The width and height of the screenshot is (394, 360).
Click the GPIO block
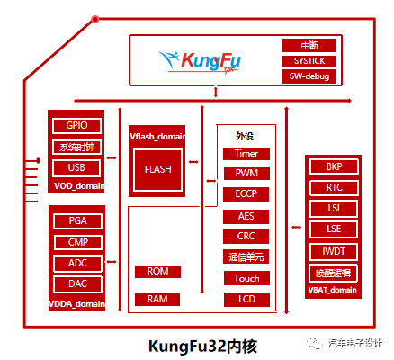click(76, 125)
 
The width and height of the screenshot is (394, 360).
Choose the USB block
click(76, 167)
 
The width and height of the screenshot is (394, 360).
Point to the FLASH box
click(157, 168)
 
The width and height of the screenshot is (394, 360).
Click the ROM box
click(157, 271)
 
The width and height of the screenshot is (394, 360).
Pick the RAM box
click(157, 299)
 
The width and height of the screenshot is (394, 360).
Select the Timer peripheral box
click(246, 154)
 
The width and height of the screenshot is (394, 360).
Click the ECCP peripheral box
click(246, 193)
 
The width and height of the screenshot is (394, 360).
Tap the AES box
click(246, 216)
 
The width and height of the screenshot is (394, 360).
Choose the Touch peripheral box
click(246, 278)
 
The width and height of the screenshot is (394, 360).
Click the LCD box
click(246, 299)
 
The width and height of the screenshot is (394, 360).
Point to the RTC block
click(334, 188)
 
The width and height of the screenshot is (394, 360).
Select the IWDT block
click(334, 251)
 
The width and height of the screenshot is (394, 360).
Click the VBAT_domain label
click(334, 290)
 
